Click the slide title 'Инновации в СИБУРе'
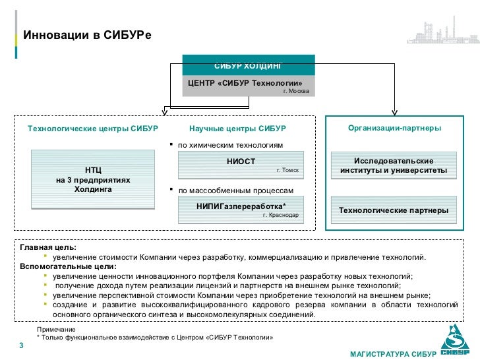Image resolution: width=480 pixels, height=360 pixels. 87,35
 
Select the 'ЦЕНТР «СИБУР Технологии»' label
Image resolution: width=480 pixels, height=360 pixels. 245,83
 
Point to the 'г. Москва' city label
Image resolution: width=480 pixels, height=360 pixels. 295,91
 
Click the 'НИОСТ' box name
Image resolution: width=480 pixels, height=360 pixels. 241,162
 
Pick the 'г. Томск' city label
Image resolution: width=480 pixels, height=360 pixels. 287,170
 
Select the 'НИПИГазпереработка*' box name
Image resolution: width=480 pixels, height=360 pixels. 241,206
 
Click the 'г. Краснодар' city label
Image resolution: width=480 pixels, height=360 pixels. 280,215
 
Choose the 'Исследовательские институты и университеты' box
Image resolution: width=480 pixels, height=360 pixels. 394,166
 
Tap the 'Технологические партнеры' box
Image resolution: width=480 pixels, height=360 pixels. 394,210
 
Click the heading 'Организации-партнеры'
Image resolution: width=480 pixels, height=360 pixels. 394,127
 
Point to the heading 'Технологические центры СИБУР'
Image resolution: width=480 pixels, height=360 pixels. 93,127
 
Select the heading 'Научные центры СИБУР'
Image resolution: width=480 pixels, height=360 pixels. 237,127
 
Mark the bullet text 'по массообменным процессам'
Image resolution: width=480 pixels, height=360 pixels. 235,191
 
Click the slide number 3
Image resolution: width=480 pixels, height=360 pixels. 21,347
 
